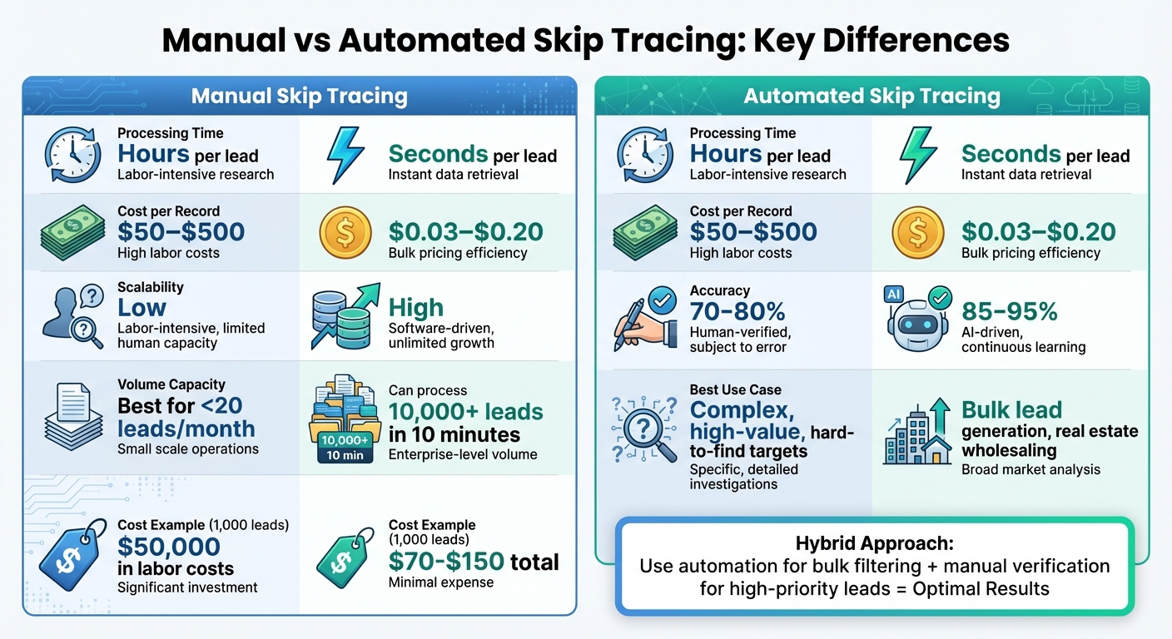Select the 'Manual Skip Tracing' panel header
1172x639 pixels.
click(x=299, y=96)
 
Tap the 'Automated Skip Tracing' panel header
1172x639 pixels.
click(x=872, y=96)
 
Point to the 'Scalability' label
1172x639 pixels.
click(x=151, y=287)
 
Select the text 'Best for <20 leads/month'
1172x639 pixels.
click(x=186, y=417)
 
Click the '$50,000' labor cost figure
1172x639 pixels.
click(x=168, y=547)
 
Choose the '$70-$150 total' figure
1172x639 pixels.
click(x=474, y=562)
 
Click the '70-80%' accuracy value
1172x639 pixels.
click(x=737, y=311)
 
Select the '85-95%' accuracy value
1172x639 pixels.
click(x=1009, y=311)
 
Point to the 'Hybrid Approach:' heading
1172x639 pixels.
click(x=874, y=544)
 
